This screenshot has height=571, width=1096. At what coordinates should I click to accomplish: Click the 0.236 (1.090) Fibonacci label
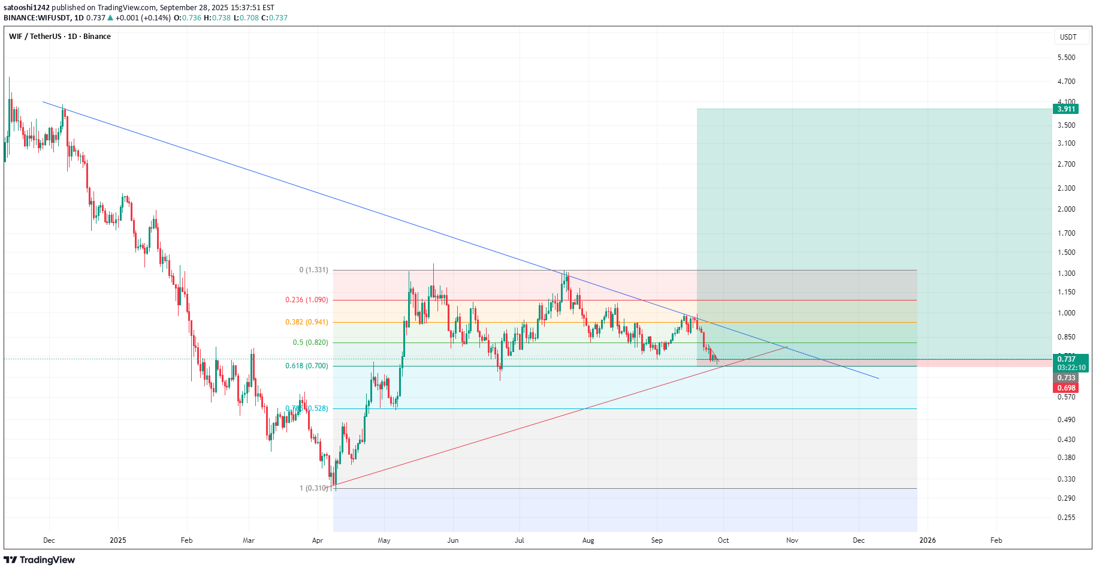(x=306, y=300)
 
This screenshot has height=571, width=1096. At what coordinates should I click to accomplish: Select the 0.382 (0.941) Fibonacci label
(x=306, y=322)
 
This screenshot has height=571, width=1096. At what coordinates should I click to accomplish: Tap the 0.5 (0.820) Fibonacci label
(x=310, y=342)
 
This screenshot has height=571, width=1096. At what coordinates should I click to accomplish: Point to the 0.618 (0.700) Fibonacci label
(x=306, y=366)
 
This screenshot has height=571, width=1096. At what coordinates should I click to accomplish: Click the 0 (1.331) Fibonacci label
(x=313, y=270)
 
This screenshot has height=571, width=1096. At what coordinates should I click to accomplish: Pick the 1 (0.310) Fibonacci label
(x=313, y=488)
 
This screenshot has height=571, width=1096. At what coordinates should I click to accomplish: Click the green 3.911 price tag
(x=1065, y=109)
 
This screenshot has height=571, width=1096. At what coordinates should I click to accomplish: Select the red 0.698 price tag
(x=1065, y=388)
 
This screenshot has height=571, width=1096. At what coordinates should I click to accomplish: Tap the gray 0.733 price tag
(x=1065, y=378)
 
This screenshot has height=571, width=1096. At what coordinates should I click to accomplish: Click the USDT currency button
(x=1068, y=37)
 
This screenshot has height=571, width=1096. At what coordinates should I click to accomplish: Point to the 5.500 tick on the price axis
(x=1066, y=58)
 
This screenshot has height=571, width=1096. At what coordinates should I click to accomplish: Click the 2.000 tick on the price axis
(x=1066, y=209)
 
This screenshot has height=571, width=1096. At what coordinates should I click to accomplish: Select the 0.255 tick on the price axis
(x=1066, y=518)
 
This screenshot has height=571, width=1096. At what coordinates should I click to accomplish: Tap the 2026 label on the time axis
(x=927, y=540)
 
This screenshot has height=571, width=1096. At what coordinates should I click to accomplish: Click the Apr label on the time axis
(x=318, y=540)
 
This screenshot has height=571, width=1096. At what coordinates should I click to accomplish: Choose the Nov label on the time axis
(x=792, y=540)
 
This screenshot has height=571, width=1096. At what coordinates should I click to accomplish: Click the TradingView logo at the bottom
(x=40, y=560)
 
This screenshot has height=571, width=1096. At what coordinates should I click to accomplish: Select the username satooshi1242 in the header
(x=26, y=8)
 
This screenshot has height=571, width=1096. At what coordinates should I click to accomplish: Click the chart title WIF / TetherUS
(x=35, y=37)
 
